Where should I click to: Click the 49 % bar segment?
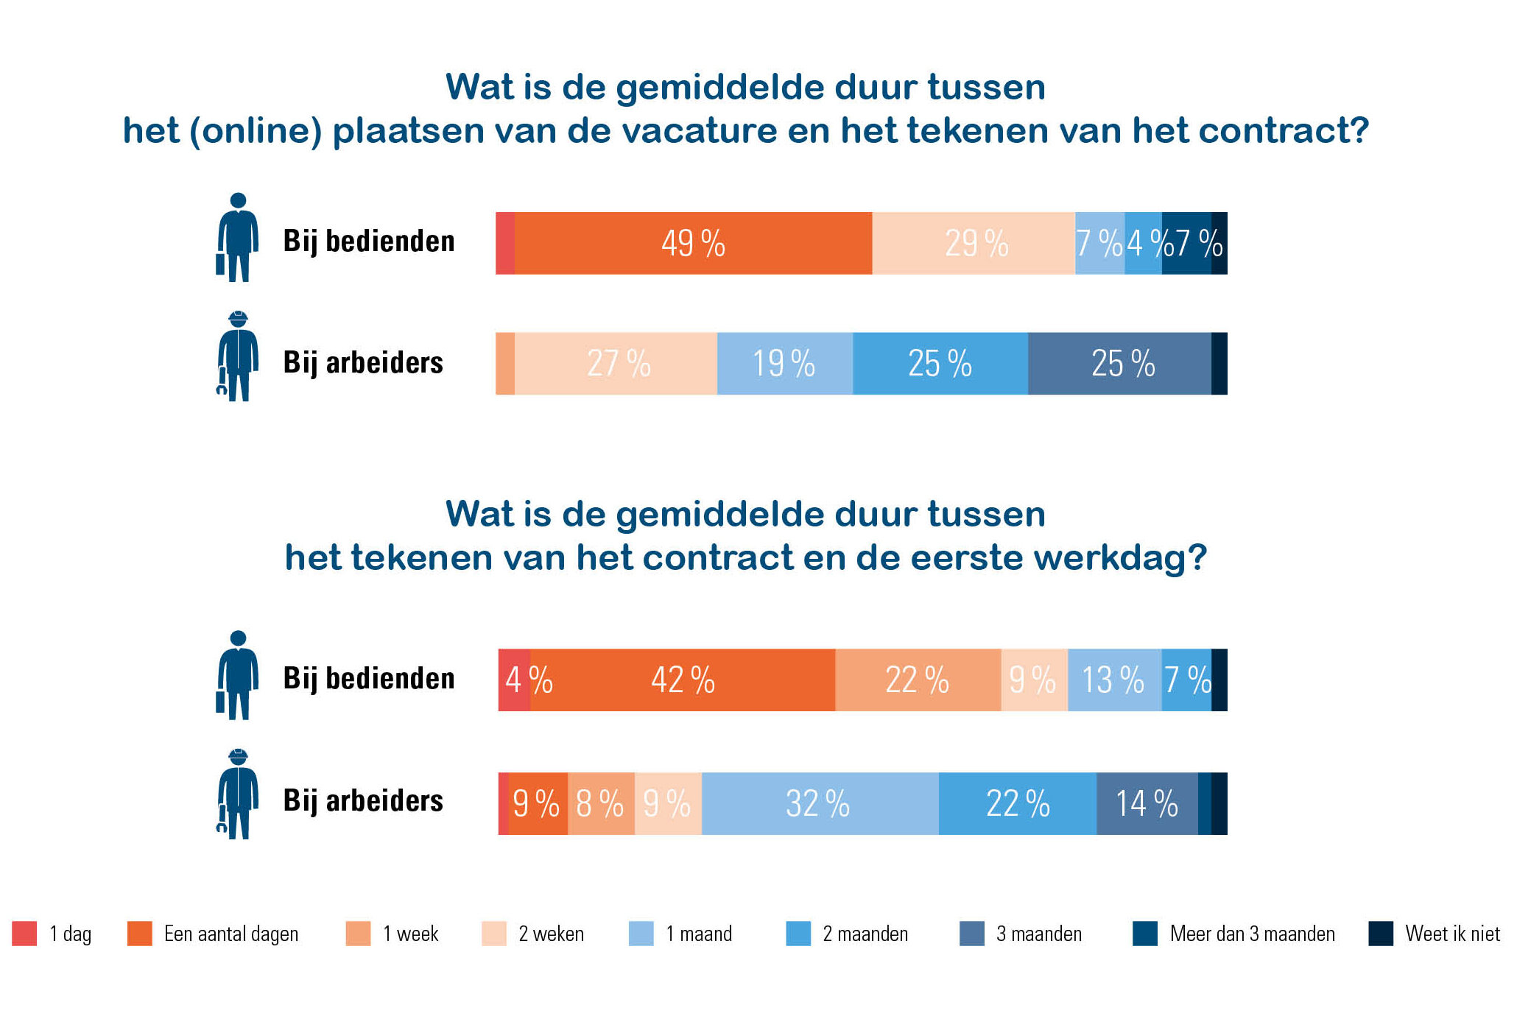point(693,243)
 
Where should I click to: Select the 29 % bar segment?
point(974,243)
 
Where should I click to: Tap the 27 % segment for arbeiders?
point(616,364)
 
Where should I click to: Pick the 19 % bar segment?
point(784,364)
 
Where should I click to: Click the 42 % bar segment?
point(683,680)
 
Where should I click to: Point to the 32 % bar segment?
point(820,803)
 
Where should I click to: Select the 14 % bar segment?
point(1147,803)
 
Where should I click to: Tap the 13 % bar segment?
point(1114,680)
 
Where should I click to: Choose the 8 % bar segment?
point(601,803)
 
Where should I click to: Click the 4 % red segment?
point(515,680)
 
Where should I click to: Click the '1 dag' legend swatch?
point(24,934)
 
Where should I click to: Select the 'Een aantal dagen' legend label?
point(231,934)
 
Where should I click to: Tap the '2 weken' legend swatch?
point(493,934)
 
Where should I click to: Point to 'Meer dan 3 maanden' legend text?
point(1252,934)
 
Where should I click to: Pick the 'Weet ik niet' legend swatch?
point(1381,934)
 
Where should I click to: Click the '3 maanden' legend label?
point(1039,934)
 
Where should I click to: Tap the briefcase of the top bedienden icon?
point(220,264)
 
